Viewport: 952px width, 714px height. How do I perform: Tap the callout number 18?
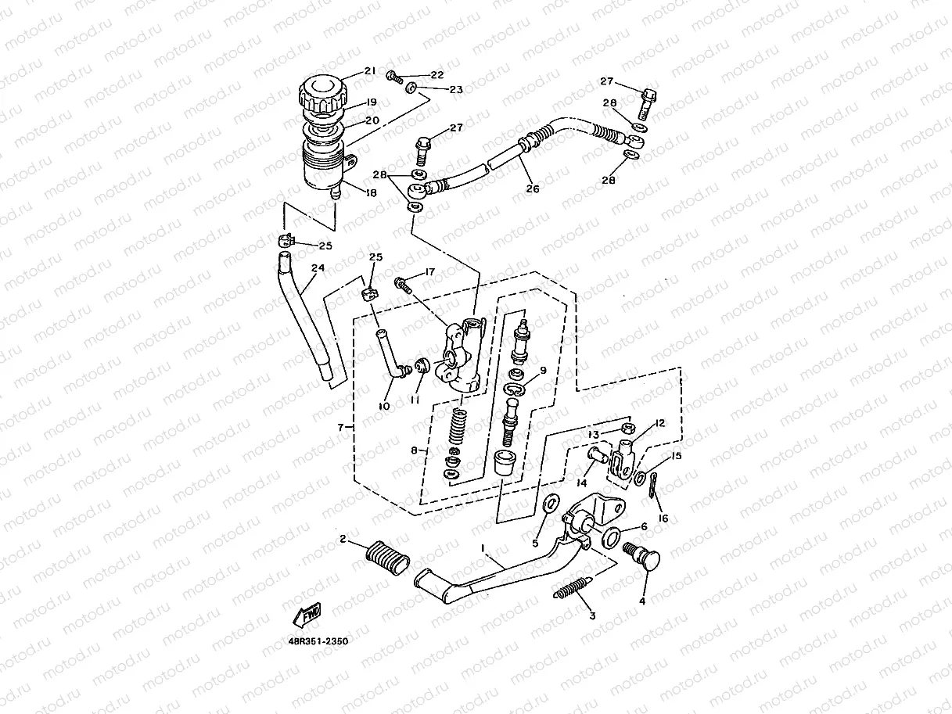point(370,192)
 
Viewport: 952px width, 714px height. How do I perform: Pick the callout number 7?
point(341,428)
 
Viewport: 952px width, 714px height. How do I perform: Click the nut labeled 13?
point(626,428)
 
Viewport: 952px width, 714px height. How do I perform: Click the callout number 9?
point(542,370)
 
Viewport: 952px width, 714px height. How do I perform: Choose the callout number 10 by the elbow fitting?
point(384,406)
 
